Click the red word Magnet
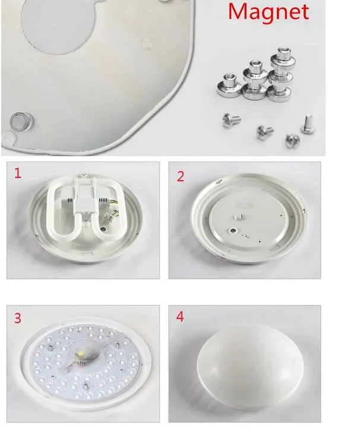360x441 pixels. point(269,12)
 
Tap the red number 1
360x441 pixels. point(18,173)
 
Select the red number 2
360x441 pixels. point(181,177)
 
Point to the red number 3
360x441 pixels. point(18,318)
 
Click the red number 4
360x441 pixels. point(180,316)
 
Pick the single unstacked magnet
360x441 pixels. point(229,85)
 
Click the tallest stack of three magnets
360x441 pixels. point(280,74)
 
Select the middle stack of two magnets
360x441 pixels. point(255,81)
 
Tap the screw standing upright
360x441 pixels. point(308,124)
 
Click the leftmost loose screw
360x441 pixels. point(231,120)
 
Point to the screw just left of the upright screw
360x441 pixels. point(292,141)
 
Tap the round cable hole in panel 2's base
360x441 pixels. point(233,231)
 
